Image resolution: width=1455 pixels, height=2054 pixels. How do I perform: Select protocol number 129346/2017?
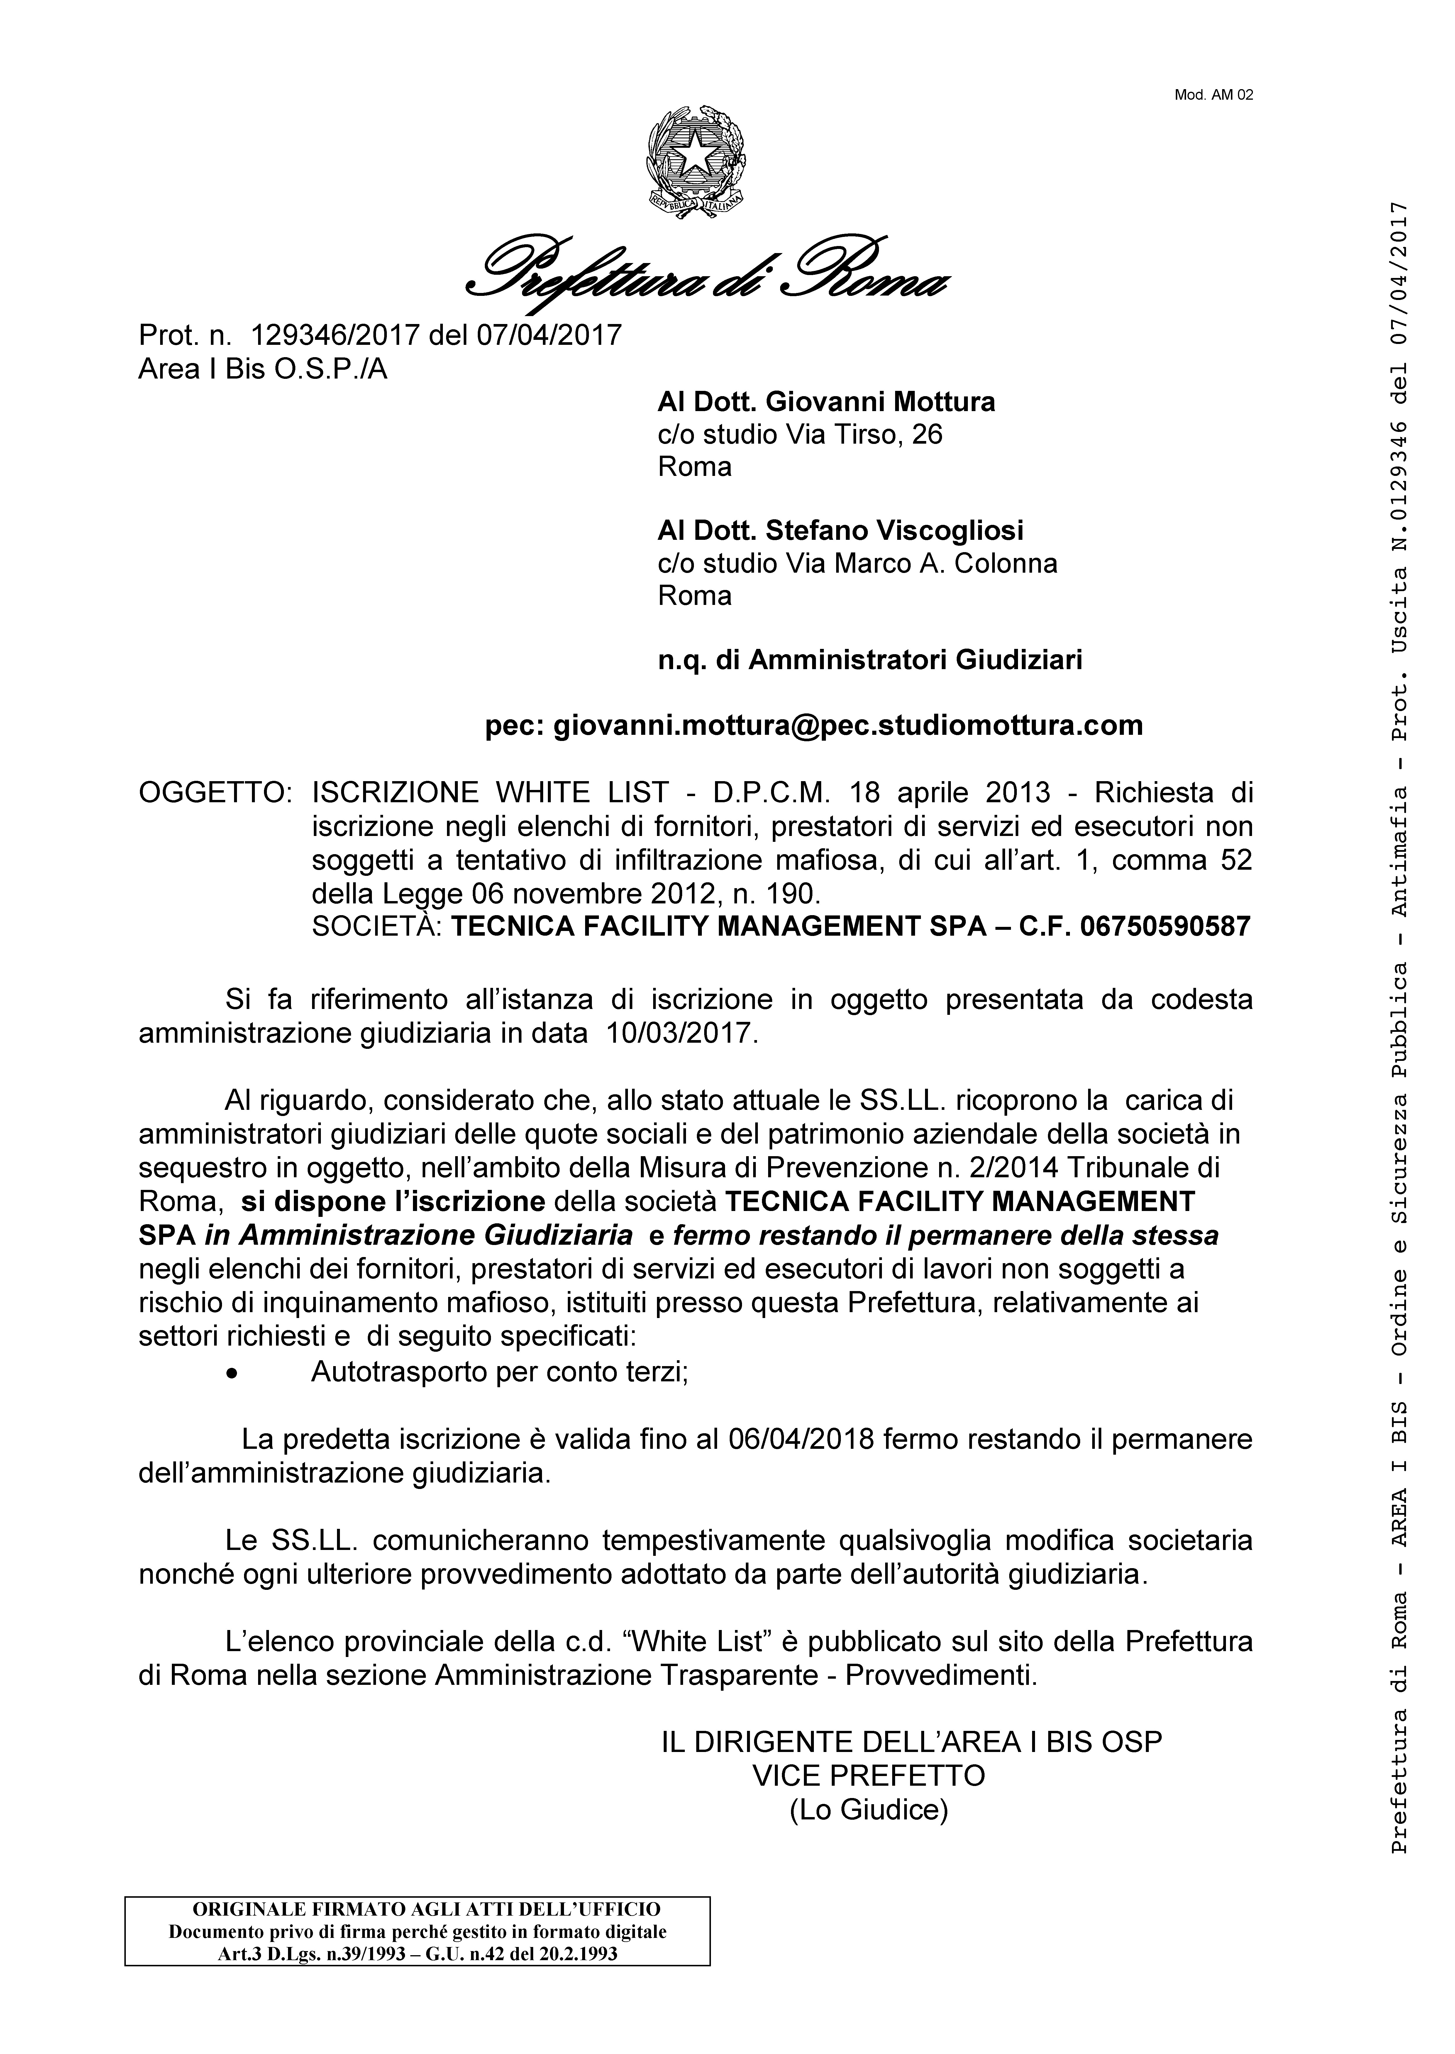336,335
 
